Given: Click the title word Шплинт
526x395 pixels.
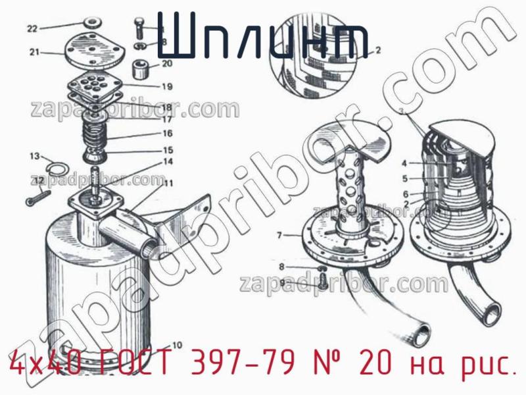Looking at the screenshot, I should coord(263,36).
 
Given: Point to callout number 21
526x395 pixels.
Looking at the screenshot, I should coord(35,52).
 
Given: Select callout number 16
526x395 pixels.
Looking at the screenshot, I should coord(168,133).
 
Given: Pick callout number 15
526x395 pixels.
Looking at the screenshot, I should coord(168,150).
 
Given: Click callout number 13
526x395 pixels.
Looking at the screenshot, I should coord(34,156).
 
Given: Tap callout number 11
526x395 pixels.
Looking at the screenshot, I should coord(169,183).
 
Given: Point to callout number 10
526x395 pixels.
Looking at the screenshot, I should coord(177,344).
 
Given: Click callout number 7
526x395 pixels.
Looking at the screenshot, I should coord(279,235).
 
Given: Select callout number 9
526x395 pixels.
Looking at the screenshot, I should coord(282,283).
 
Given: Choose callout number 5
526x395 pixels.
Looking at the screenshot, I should coord(405,178).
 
